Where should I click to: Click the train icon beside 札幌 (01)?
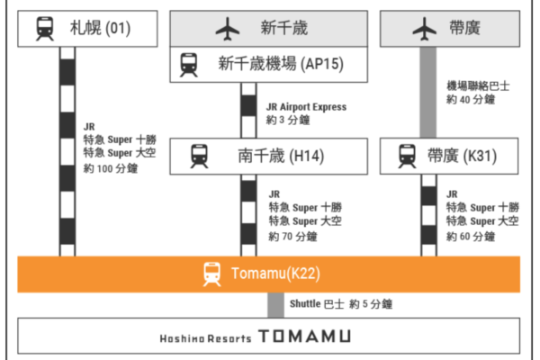(44, 29)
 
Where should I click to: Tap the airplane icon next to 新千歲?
(226, 29)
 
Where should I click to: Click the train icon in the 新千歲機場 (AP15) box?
(189, 64)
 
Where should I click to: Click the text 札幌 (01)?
(101, 29)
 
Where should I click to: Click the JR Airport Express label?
(307, 107)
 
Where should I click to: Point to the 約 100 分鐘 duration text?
(112, 168)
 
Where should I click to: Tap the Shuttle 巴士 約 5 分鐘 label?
(340, 305)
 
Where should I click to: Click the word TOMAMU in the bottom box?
(304, 337)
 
